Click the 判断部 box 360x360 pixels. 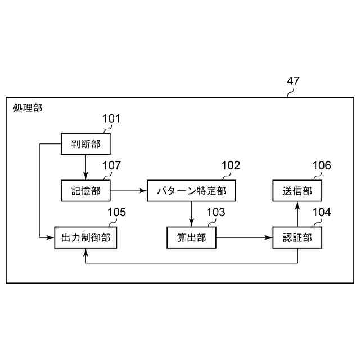85,144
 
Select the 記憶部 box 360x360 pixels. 85,191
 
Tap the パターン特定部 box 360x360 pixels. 191,191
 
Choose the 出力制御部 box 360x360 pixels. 85,238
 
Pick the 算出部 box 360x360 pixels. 191,238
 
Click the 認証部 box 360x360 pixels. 298,238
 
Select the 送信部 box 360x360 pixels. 298,191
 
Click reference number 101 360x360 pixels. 111,119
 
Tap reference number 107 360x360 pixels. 111,165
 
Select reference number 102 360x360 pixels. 231,165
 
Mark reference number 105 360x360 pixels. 116,212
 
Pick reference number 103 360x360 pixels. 215,212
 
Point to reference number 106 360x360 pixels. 322,165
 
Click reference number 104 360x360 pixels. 322,212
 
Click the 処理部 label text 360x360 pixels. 28,107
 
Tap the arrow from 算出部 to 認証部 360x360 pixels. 244,238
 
